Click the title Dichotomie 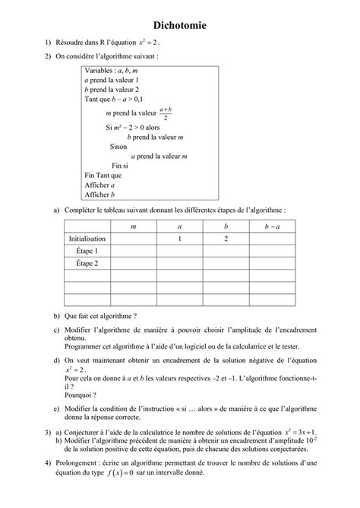[180, 25]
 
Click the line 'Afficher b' [99, 194]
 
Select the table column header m [134, 226]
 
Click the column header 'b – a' [273, 226]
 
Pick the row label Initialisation [87, 238]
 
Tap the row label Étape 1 [87, 251]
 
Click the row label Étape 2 [87, 263]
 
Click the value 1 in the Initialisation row [180, 238]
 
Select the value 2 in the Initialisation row [226, 238]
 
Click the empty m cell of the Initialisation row [134, 238]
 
